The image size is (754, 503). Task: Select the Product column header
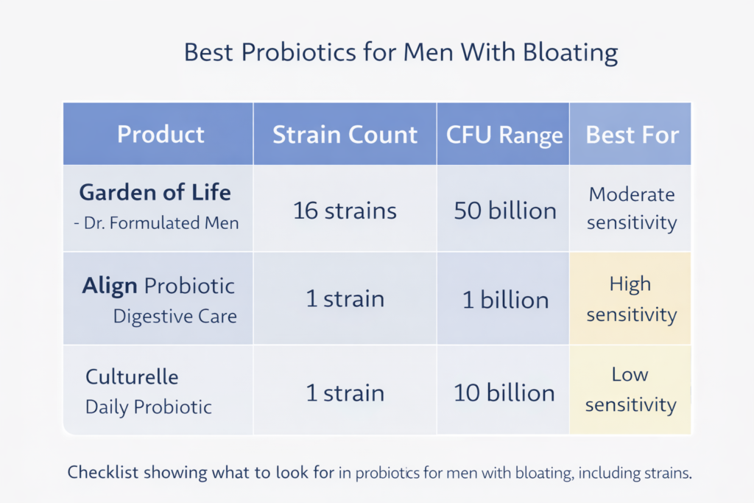click(161, 135)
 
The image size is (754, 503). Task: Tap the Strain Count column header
click(345, 135)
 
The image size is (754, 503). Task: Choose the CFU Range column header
click(504, 136)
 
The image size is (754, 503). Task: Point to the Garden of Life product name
click(155, 192)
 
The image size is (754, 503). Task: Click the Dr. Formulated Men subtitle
click(156, 222)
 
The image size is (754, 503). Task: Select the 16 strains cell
click(345, 211)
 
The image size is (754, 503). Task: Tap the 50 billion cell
click(504, 211)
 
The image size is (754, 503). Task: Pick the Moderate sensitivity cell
click(632, 209)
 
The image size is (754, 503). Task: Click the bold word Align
click(110, 286)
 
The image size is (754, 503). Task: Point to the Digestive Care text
click(175, 317)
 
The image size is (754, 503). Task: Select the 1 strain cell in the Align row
click(345, 300)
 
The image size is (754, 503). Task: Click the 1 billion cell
click(504, 300)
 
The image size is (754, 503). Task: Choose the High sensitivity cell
click(631, 299)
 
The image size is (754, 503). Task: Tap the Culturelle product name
click(132, 377)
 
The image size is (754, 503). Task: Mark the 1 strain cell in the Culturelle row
click(345, 393)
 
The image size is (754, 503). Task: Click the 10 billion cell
click(504, 393)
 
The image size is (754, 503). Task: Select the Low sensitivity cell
click(631, 390)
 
